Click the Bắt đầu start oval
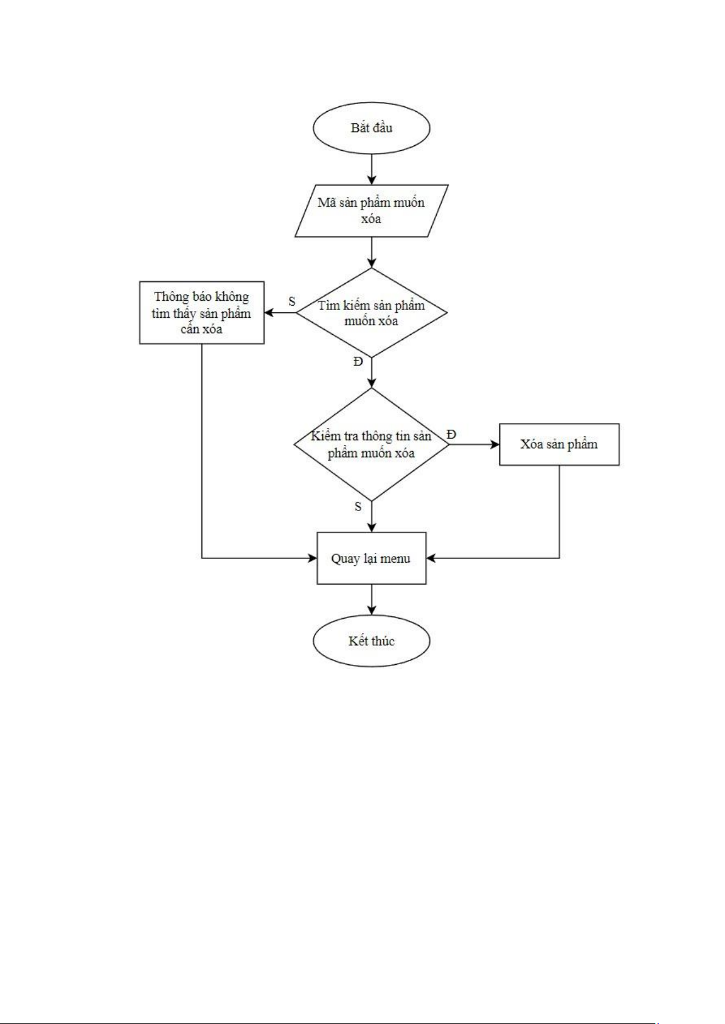tap(371, 128)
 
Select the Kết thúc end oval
tap(371, 641)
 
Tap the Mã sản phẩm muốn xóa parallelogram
tap(371, 210)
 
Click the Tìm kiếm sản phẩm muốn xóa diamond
tap(371, 312)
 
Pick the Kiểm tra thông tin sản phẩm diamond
tap(371, 444)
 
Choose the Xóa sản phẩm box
tap(559, 444)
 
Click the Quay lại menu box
tap(371, 558)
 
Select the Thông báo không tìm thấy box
tap(201, 312)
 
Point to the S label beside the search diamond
tap(292, 301)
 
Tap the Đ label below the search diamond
tap(358, 362)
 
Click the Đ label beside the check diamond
tap(451, 434)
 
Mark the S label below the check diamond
tap(358, 506)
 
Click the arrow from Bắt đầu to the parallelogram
tap(371, 169)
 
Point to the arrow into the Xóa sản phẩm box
tap(474, 444)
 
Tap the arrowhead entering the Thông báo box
tap(269, 312)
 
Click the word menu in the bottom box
tap(395, 558)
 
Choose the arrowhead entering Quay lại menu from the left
tap(313, 558)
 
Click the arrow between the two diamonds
tap(371, 373)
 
